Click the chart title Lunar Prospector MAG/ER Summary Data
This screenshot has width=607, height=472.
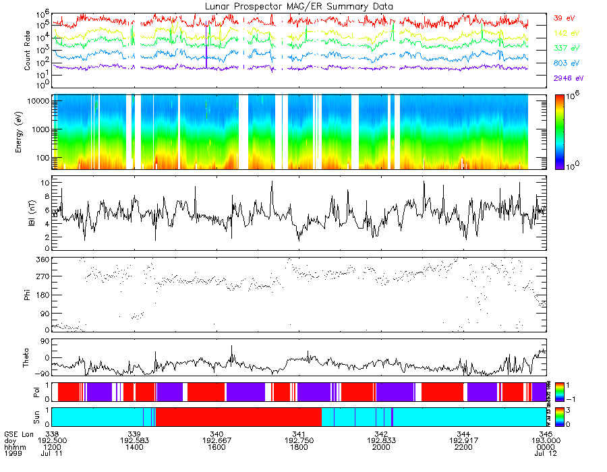tap(299, 6)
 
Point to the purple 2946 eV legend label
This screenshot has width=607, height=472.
tap(567, 78)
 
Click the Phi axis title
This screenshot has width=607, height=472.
tap(28, 295)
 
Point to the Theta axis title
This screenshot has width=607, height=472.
tap(28, 359)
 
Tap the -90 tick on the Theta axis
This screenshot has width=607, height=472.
tap(42, 374)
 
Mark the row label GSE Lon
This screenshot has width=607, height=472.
tap(18, 434)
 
